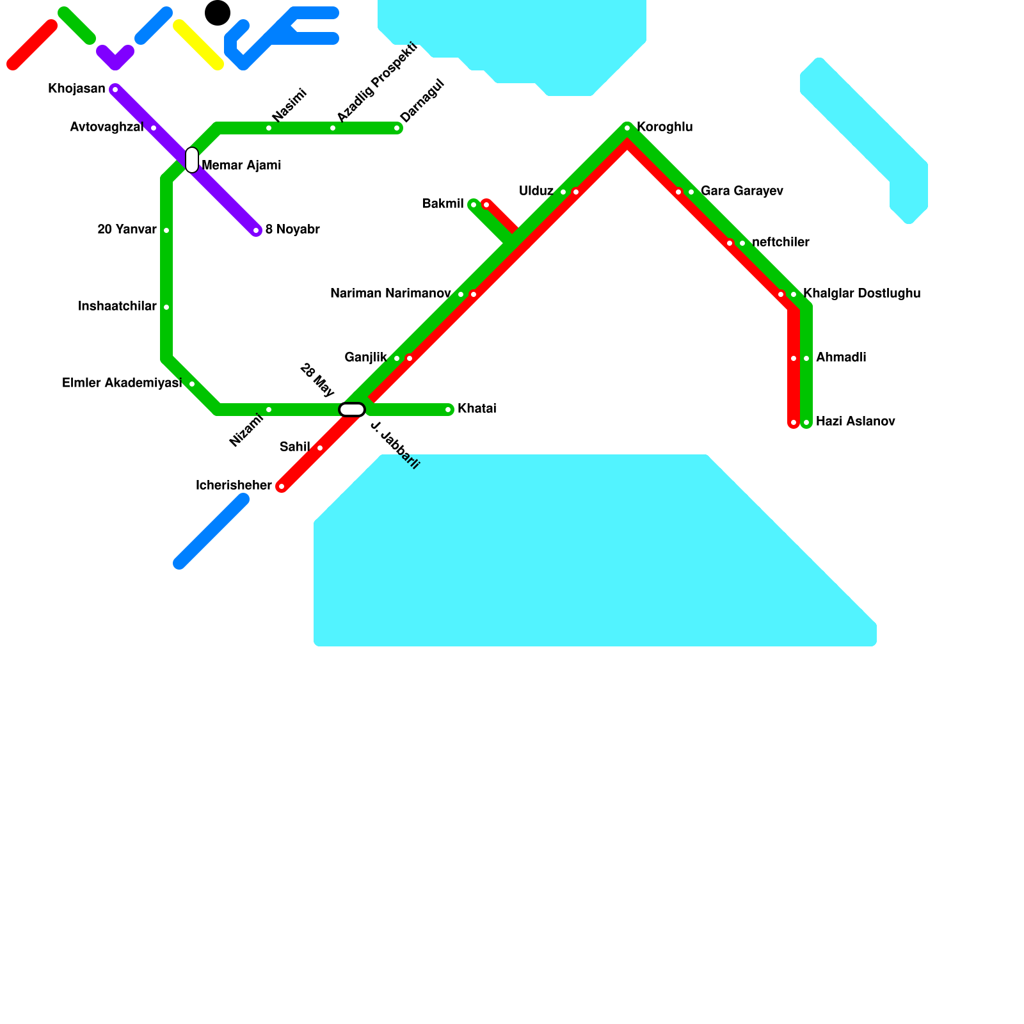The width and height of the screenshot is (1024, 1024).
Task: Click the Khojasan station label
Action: pyautogui.click(x=77, y=89)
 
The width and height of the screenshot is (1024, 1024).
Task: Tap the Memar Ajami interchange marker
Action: pyautogui.click(x=192, y=160)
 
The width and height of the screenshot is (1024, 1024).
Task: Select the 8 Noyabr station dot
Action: pyautogui.click(x=256, y=230)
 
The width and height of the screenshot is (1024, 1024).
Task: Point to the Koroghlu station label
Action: pyautogui.click(x=664, y=127)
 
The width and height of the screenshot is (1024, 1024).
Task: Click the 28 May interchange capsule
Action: pyautogui.click(x=352, y=410)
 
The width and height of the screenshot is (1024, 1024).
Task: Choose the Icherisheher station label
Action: pyautogui.click(x=234, y=486)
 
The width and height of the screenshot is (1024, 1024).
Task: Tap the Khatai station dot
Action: pyautogui.click(x=448, y=410)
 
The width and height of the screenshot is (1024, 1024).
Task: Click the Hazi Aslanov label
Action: pyautogui.click(x=855, y=422)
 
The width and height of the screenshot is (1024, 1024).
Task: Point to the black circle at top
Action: pyautogui.click(x=218, y=13)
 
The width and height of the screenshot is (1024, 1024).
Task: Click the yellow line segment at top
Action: pyautogui.click(x=198, y=45)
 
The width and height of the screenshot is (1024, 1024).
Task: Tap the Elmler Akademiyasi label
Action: pyautogui.click(x=122, y=383)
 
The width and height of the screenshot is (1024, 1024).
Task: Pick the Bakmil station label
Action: pyautogui.click(x=443, y=204)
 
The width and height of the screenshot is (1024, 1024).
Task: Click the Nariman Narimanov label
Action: pyautogui.click(x=390, y=294)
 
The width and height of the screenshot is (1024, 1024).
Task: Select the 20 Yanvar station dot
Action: pyautogui.click(x=166, y=230)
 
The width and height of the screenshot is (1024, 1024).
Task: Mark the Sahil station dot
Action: pyautogui.click(x=320, y=448)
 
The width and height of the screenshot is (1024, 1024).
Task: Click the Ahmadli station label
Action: pyautogui.click(x=841, y=358)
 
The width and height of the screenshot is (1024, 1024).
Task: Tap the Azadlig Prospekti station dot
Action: pyautogui.click(x=333, y=128)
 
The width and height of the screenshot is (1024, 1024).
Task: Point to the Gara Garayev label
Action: pyautogui.click(x=742, y=191)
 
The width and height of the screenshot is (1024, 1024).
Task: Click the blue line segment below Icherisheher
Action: pyautogui.click(x=211, y=531)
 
